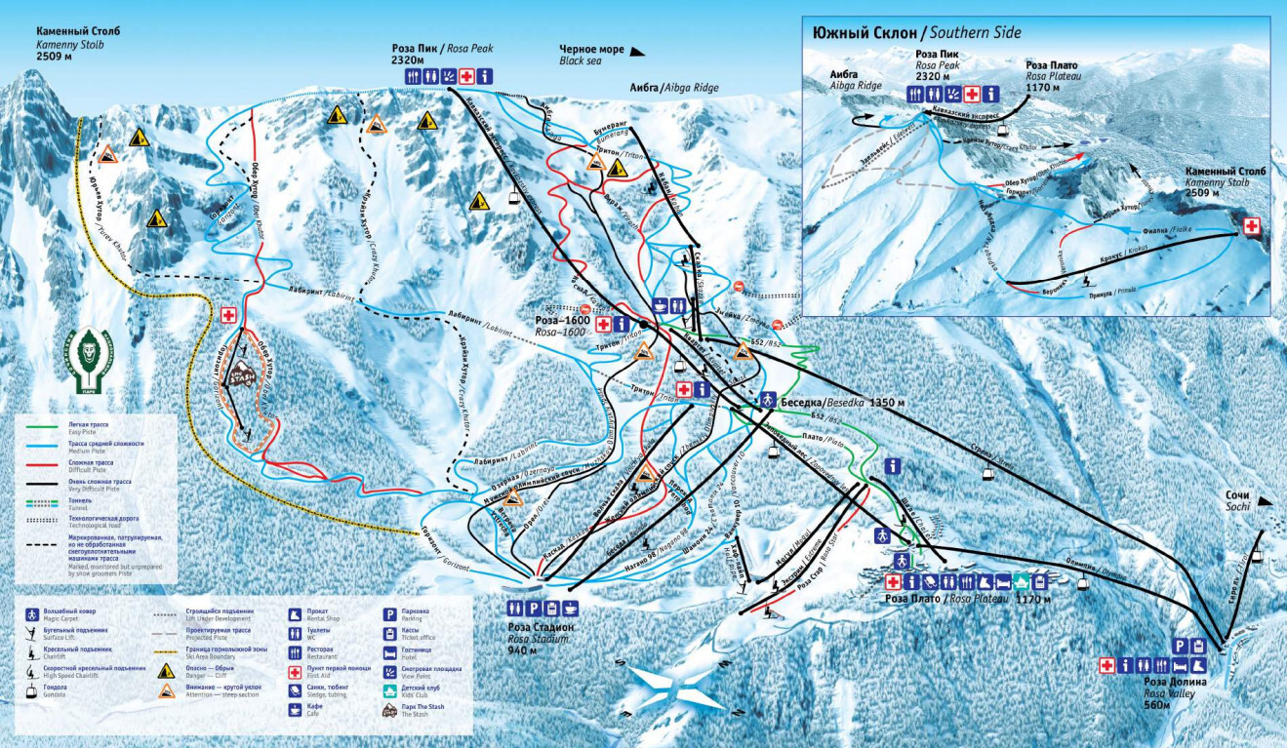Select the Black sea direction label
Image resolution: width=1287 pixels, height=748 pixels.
[x=580, y=60]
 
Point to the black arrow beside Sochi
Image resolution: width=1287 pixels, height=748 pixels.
[x=1266, y=500]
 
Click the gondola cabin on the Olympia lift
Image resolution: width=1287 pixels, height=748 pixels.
[x=1082, y=585]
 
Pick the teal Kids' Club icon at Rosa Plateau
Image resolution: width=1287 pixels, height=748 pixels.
[x=1022, y=581]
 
